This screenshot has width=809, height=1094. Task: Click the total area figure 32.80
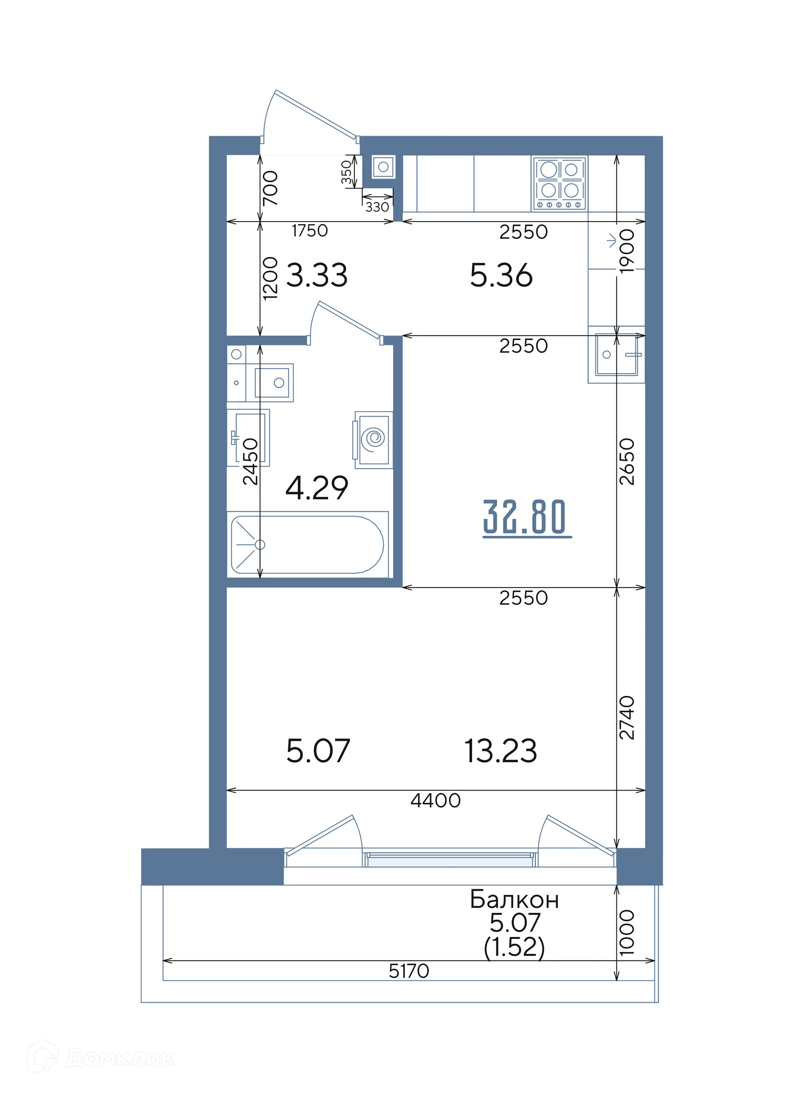(x=524, y=517)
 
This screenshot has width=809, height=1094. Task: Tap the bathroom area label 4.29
(x=317, y=488)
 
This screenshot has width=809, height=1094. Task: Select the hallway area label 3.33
(x=317, y=275)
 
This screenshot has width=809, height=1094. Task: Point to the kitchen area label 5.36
(x=501, y=275)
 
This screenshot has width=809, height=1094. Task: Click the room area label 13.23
(x=501, y=751)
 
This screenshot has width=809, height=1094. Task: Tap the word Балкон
(x=514, y=900)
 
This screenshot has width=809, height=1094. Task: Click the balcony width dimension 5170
(x=409, y=971)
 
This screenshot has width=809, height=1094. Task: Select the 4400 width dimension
(x=435, y=801)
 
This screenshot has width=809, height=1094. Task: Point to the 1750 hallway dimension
(x=310, y=230)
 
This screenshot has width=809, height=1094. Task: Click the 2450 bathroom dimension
(x=250, y=462)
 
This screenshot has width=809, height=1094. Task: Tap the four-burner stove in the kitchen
(x=560, y=184)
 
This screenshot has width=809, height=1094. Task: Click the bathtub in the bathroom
(x=308, y=544)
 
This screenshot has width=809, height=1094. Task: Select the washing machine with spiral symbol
(x=374, y=439)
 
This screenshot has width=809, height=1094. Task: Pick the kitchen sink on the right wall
(x=616, y=354)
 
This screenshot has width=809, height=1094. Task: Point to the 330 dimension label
(x=377, y=207)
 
